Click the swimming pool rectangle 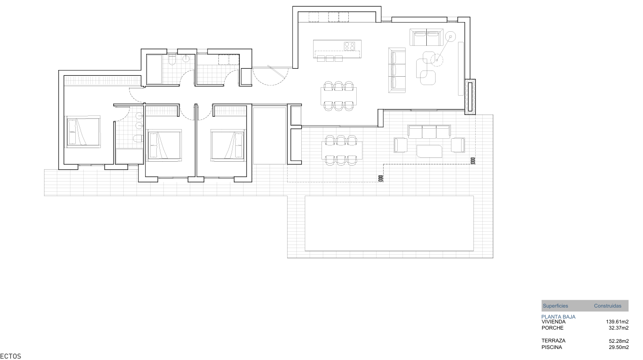click(x=389, y=223)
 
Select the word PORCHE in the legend click(x=552, y=328)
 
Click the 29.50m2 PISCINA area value click(x=618, y=347)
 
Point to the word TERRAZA click(x=553, y=341)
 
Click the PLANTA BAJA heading click(x=558, y=317)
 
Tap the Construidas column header click(x=607, y=306)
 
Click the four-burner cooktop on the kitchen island click(x=350, y=46)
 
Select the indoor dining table click(x=338, y=94)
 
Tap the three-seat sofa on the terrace click(x=429, y=132)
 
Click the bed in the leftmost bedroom click(x=83, y=131)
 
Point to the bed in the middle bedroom click(x=164, y=144)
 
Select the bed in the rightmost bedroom click(x=227, y=144)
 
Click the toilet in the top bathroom click(x=172, y=59)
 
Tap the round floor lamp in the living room click(x=450, y=37)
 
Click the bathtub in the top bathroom click(x=154, y=69)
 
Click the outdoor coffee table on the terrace click(x=429, y=151)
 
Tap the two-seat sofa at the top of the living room click(x=426, y=37)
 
